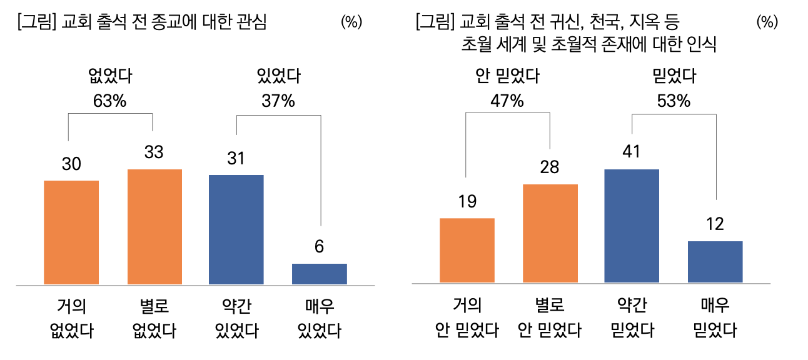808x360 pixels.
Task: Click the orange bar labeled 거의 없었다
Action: click(71, 232)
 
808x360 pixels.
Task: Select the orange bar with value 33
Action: click(154, 227)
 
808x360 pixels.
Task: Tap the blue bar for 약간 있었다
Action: click(236, 229)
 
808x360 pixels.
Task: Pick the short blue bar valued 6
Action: click(319, 274)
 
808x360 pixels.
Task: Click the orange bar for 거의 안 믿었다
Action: click(467, 250)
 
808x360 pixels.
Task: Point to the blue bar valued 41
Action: click(632, 226)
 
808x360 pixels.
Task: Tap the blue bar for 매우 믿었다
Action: click(715, 261)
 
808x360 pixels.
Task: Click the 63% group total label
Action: click(109, 100)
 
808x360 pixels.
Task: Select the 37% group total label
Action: click(278, 100)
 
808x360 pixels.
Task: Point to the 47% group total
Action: click(507, 100)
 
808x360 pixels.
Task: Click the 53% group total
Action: click(674, 100)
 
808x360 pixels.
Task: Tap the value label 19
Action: click(467, 201)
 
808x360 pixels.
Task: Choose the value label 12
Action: click(715, 224)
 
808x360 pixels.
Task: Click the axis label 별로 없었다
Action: click(154, 318)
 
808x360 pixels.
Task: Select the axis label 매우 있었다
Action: click(319, 318)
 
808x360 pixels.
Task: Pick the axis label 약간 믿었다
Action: click(632, 318)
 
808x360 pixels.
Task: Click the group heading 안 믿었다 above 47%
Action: click(507, 77)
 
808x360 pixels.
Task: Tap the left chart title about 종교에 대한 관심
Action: click(143, 22)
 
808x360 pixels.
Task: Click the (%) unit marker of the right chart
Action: click(767, 22)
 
